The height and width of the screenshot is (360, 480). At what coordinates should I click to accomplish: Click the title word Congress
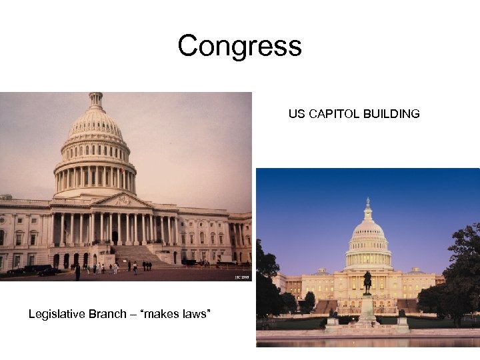(239, 47)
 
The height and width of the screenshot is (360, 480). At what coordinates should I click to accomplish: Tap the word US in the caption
(296, 114)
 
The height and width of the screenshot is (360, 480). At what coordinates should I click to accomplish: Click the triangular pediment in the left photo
(121, 200)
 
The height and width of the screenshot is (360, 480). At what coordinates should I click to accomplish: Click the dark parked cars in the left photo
(33, 270)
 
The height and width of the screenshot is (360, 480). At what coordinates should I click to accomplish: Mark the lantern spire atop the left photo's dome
(96, 100)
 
